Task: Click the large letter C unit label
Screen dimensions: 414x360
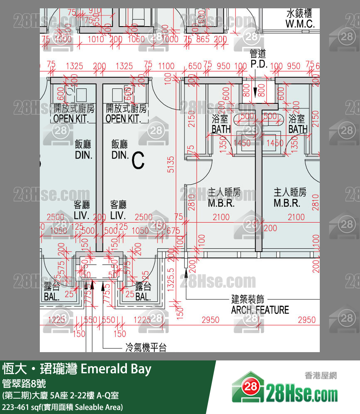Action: coord(138,160)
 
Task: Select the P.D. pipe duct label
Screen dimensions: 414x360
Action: coord(258,59)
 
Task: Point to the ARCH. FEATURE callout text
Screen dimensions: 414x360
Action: coord(260,309)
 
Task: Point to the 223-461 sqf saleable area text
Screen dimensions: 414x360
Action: coord(63,407)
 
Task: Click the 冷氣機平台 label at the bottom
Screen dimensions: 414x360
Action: coord(146,347)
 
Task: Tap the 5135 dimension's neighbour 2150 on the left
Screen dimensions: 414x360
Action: coord(191,118)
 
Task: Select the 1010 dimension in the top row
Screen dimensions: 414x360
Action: coord(96,39)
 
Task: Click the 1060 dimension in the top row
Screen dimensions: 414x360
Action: coord(136,39)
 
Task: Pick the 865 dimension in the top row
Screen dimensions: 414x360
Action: coord(203,39)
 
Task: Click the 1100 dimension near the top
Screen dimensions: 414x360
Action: coord(166,66)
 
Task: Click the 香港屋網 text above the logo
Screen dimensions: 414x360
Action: coord(321,376)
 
